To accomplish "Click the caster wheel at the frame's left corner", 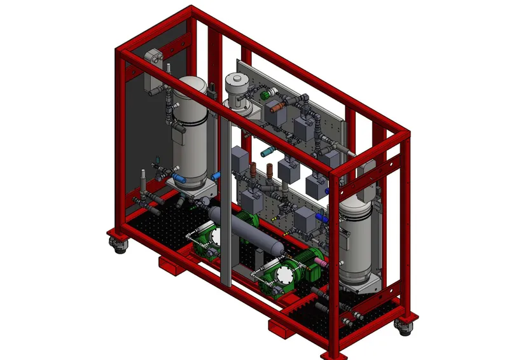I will click(x=118, y=244).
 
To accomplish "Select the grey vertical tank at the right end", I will click(x=356, y=242).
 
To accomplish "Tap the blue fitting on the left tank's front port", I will click(x=216, y=174).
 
